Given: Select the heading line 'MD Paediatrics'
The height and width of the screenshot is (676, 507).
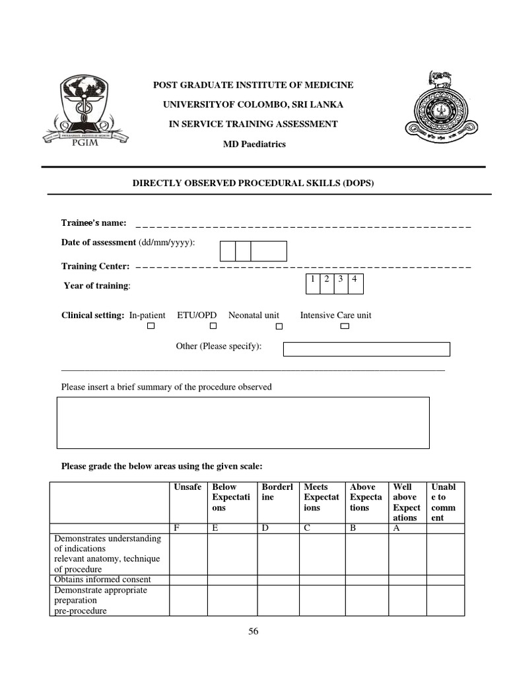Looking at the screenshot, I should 253,144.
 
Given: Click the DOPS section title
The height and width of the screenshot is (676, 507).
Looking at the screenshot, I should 253,183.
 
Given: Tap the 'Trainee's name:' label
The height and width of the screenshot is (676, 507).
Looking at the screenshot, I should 94,223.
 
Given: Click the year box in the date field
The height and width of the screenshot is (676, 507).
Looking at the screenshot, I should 269,252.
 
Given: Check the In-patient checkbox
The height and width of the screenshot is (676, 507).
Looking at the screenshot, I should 151,326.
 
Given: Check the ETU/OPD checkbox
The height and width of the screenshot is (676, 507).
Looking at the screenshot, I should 213,326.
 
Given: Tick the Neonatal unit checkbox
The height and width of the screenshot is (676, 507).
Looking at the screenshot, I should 279,326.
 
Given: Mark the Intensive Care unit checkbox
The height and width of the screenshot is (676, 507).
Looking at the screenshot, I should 344,326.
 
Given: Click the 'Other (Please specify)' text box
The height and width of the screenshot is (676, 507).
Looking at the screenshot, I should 366,349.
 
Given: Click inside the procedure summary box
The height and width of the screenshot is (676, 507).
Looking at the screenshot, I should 243,422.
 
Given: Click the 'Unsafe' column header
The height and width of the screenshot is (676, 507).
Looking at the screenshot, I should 187,487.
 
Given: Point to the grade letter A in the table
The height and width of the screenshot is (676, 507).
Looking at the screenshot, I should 396,527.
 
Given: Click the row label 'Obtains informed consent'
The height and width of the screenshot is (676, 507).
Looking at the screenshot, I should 102,580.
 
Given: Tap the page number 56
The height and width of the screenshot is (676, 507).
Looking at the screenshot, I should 253,632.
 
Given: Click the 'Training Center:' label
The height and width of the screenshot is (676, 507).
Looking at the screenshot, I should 96,266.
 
